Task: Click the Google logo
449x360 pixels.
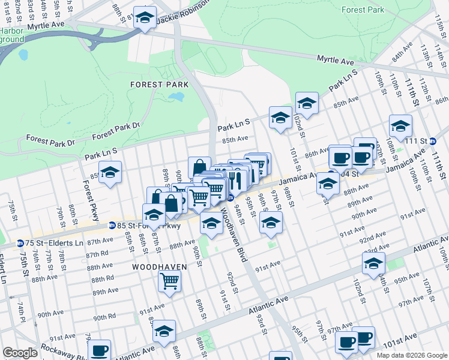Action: (x=20, y=352)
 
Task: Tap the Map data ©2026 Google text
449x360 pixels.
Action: (x=411, y=355)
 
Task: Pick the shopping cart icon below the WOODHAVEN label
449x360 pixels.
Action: (x=170, y=280)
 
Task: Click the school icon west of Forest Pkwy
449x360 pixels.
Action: (x=110, y=173)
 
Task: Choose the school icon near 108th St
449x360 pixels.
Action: (x=400, y=126)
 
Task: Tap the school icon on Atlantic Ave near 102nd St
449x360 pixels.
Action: (x=373, y=263)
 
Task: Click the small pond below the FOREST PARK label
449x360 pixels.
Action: (x=176, y=97)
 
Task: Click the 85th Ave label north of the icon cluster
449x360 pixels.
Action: (x=235, y=139)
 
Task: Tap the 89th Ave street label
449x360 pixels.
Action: (x=106, y=291)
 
